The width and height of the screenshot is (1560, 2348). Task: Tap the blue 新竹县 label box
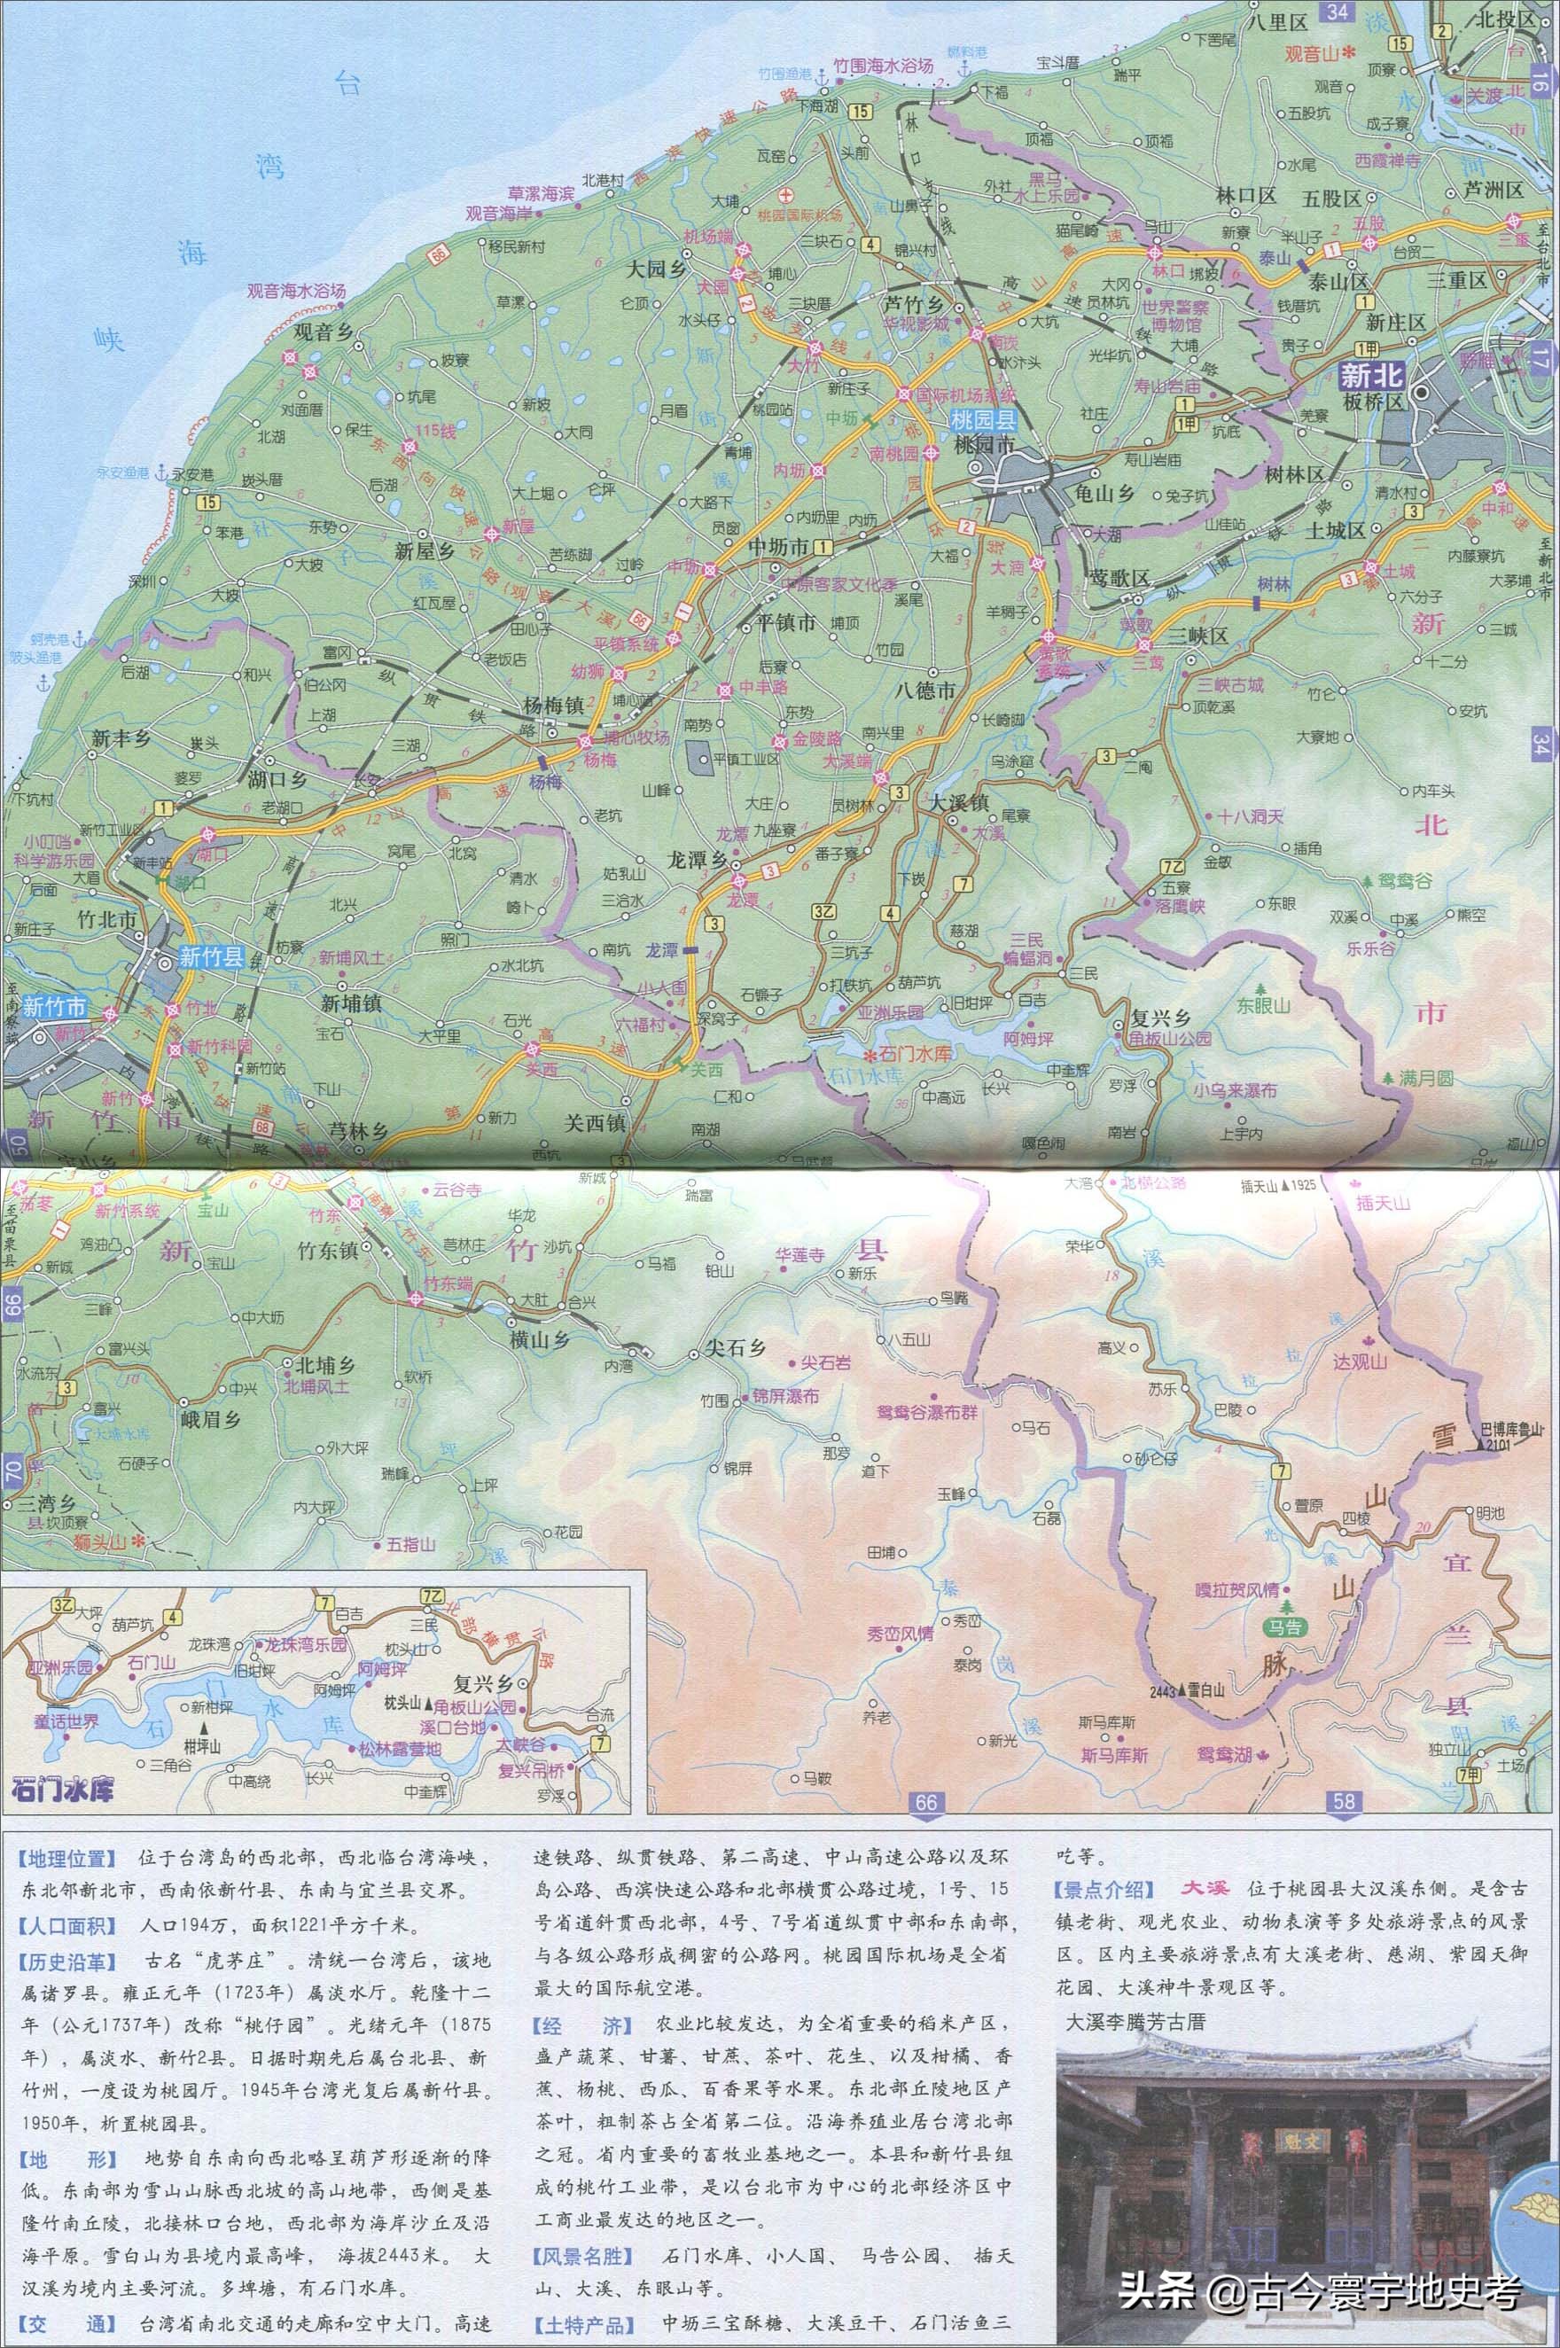pos(212,957)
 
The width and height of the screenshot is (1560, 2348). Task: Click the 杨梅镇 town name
pos(554,705)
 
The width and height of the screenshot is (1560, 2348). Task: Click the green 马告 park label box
pos(1286,1627)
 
